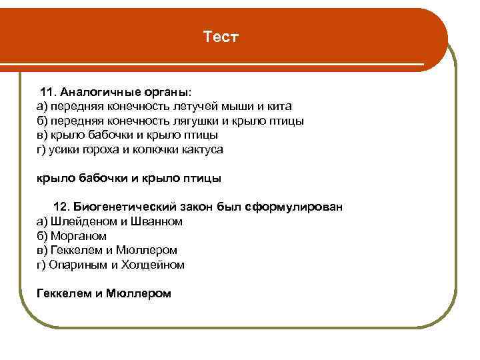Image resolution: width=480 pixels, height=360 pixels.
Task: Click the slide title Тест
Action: click(x=220, y=37)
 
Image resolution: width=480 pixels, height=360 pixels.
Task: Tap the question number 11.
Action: click(x=48, y=91)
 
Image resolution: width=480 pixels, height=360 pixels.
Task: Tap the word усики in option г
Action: click(x=65, y=150)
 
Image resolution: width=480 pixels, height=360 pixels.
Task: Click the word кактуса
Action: click(x=202, y=150)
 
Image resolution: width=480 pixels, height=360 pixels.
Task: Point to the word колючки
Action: click(x=154, y=150)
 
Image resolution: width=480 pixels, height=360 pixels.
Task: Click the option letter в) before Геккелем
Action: click(x=42, y=251)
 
